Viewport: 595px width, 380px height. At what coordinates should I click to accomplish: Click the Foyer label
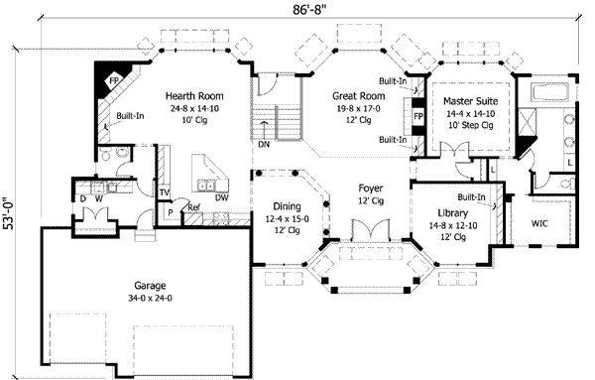coord(369,188)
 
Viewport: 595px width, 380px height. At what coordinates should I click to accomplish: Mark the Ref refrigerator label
coord(194,207)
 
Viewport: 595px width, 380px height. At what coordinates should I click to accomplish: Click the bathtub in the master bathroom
coord(550,95)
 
